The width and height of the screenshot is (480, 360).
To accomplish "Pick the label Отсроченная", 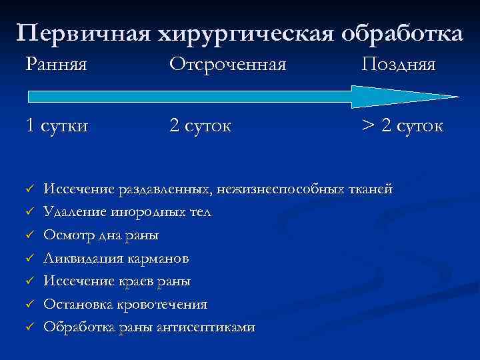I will (227, 65).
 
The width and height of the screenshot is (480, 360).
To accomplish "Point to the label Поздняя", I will (399, 65).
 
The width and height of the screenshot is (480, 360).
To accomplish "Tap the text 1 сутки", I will (57, 126).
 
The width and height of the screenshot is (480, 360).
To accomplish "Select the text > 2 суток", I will (402, 126).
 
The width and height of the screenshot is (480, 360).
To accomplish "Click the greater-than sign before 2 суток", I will (369, 126).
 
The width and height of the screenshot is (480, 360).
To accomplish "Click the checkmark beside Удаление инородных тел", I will (29, 213).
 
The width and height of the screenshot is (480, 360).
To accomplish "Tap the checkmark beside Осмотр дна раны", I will (29, 235).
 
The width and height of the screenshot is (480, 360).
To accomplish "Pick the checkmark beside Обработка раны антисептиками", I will (29, 327).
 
